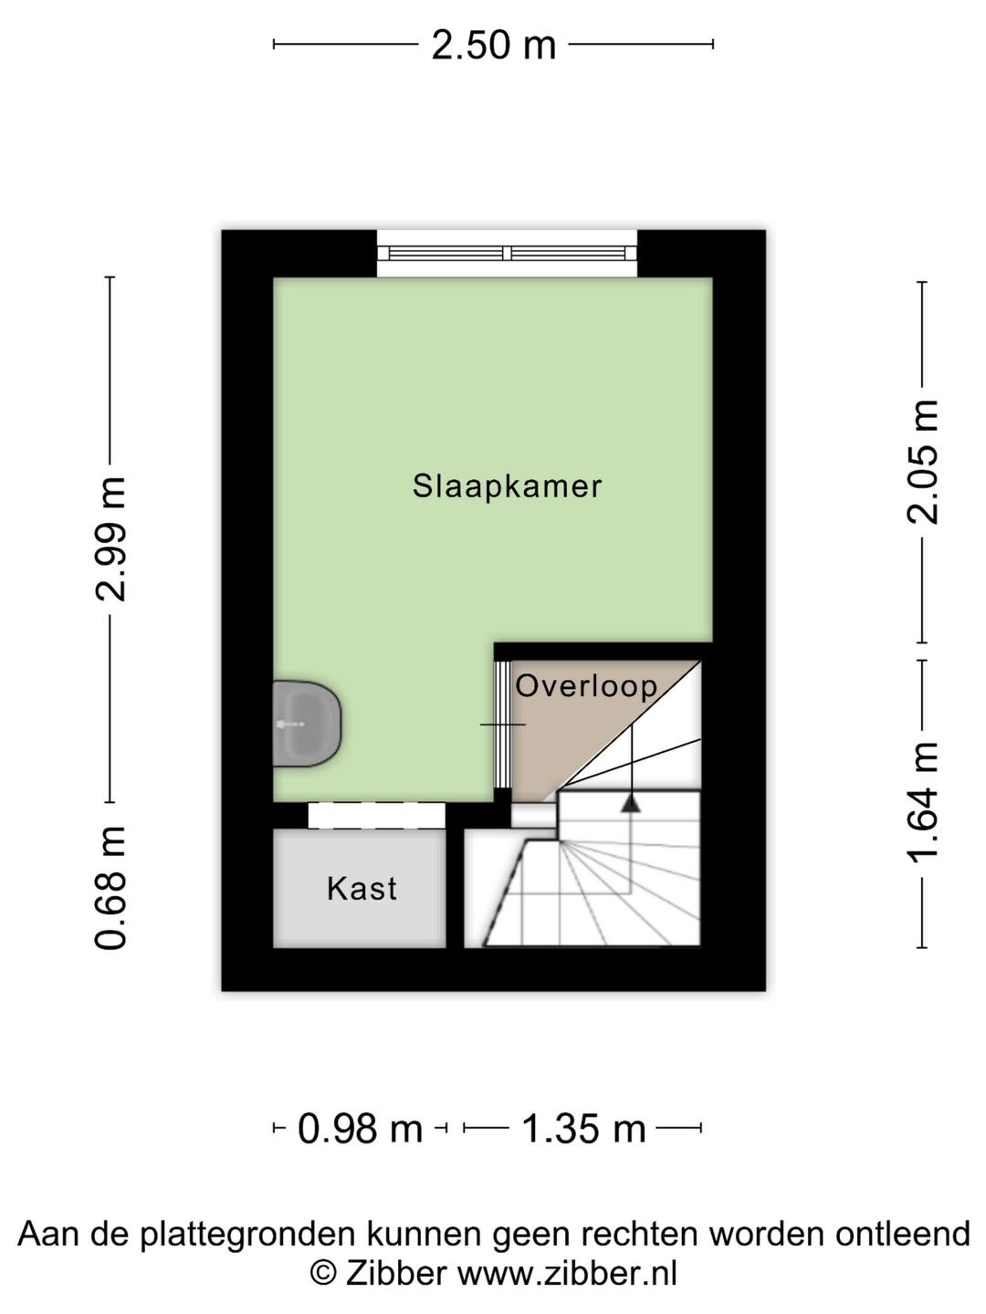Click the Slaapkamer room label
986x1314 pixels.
click(507, 485)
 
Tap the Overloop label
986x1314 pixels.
click(586, 686)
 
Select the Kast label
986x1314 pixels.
click(362, 888)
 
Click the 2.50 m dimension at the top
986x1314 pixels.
click(493, 45)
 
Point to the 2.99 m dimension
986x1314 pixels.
click(111, 538)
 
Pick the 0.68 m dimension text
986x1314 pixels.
click(111, 887)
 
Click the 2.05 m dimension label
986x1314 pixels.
click(922, 461)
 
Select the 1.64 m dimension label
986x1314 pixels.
click(922, 800)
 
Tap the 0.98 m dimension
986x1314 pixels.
click(361, 1130)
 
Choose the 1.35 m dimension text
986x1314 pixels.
click(583, 1130)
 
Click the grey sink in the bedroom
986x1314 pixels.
click(306, 724)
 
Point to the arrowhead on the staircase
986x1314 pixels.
click(630, 803)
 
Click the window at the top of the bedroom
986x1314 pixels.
click(507, 253)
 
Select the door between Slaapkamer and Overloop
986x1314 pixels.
click(501, 724)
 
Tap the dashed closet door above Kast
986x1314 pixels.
click(376, 815)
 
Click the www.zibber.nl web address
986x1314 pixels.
click(567, 1273)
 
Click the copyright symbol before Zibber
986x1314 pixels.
click(321, 1273)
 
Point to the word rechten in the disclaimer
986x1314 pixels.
click(649, 1235)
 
